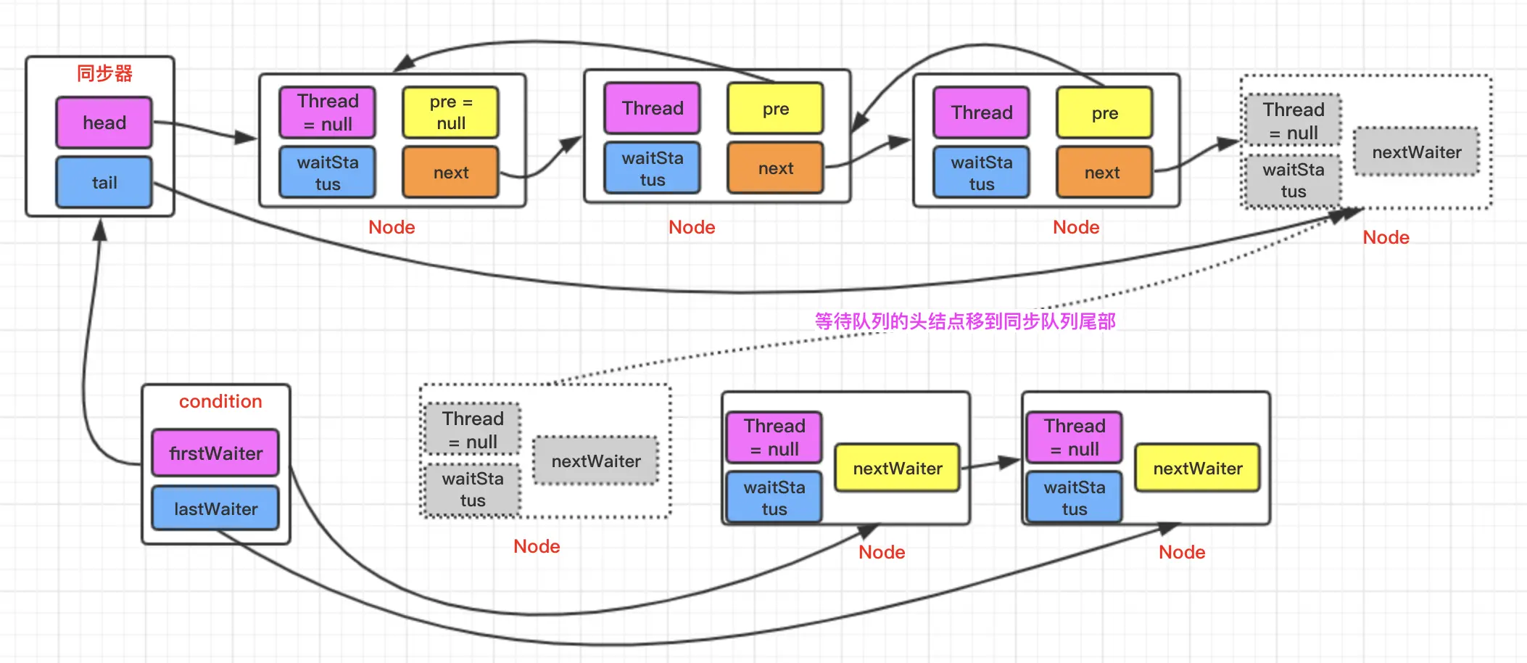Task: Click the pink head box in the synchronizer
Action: coord(104,123)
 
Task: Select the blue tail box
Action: coord(104,182)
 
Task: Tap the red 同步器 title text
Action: coord(104,73)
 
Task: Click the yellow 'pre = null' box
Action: coord(450,112)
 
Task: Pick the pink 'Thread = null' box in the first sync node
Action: coord(327,112)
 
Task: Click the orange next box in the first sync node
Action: coord(450,172)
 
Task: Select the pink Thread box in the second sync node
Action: coord(652,108)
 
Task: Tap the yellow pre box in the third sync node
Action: coord(1104,112)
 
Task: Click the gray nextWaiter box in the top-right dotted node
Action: coord(1416,152)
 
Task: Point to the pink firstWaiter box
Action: coord(215,453)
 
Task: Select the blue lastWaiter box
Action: coord(215,508)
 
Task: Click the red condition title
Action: coord(220,401)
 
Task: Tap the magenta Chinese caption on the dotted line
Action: coord(964,321)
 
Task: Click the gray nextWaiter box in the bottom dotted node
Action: coord(595,461)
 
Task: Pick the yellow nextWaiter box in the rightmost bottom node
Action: coord(1197,469)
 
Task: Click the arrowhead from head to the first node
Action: coord(247,137)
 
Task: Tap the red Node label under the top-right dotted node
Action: coord(1386,237)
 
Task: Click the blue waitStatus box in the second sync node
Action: coord(652,168)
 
